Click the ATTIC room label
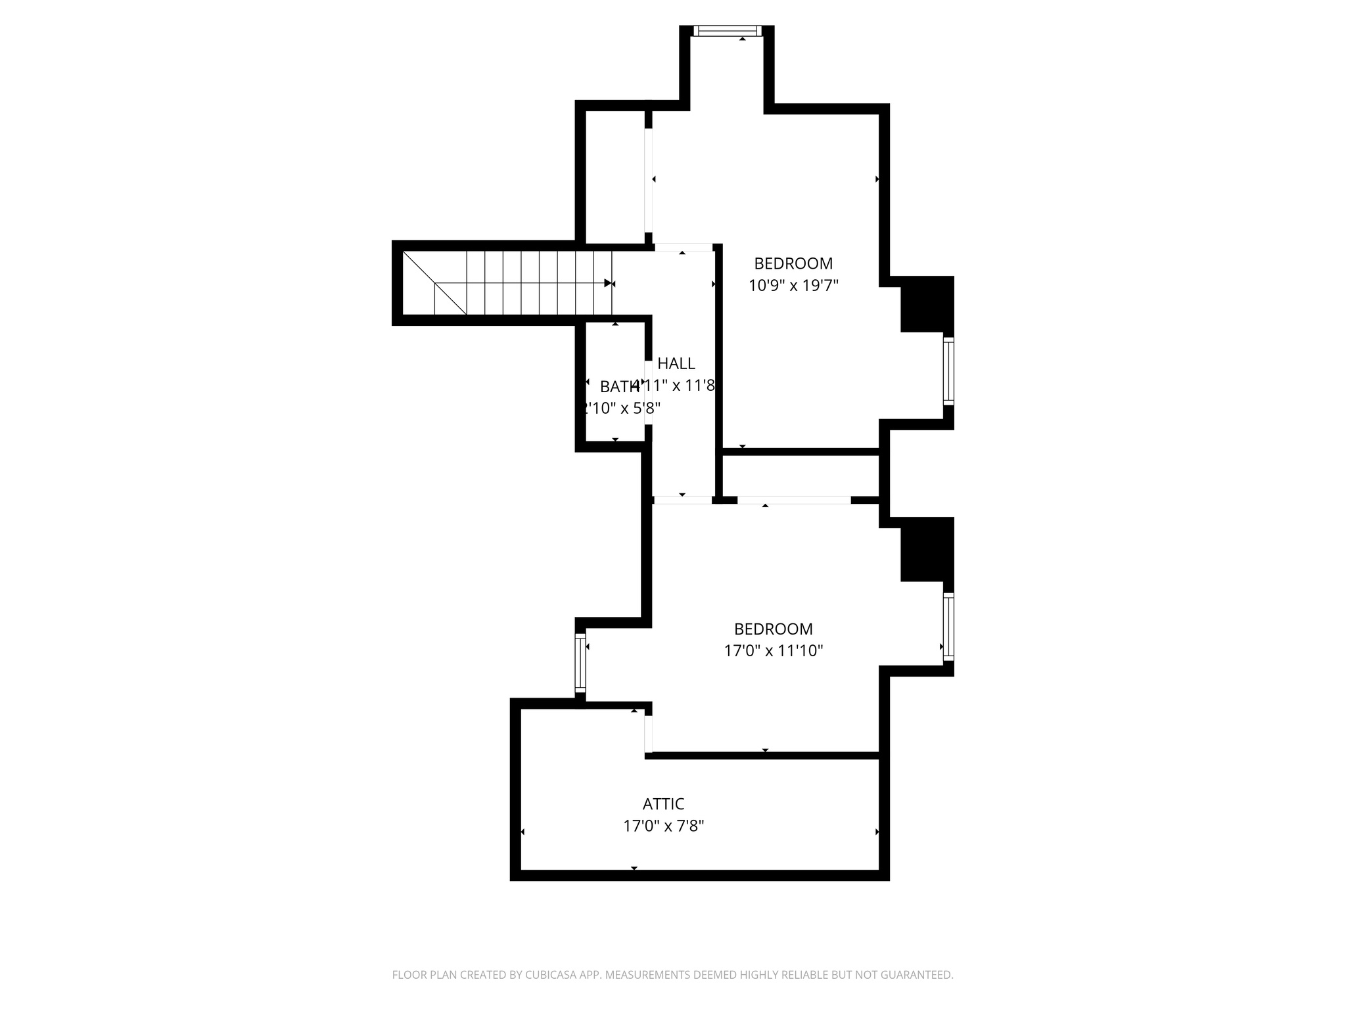(x=663, y=803)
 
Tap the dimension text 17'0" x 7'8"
(x=663, y=826)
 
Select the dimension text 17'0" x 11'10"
(x=773, y=650)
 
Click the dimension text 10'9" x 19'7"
(x=793, y=285)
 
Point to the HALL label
(x=676, y=363)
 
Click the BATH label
(x=619, y=386)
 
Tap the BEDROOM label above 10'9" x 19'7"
(x=793, y=263)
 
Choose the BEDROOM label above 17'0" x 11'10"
(x=773, y=629)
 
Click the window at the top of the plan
(x=727, y=30)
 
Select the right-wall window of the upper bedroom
(x=948, y=370)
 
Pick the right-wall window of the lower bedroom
(x=948, y=626)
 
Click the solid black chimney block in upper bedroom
(x=927, y=304)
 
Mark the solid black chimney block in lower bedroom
(x=927, y=549)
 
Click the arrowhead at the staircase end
(x=608, y=283)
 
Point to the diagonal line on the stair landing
(x=434, y=282)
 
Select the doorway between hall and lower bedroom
(x=683, y=500)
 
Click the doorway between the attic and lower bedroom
(x=649, y=734)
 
